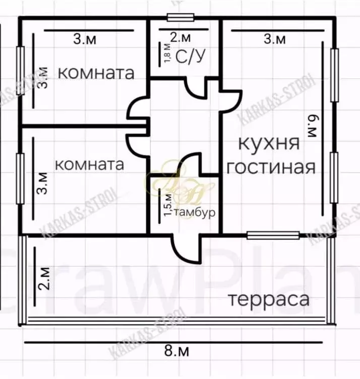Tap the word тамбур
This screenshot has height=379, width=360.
195,213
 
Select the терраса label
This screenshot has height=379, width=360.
268,299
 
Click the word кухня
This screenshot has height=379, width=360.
269,143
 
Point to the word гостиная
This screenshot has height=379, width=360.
271,167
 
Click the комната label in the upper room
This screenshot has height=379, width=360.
97,73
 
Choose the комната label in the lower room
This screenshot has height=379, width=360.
89,165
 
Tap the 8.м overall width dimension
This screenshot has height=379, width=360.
174,351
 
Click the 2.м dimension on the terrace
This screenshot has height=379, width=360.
44,278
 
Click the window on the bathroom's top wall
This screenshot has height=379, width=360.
181,18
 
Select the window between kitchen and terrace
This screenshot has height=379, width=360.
273,234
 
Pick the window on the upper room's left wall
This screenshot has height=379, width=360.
21,71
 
